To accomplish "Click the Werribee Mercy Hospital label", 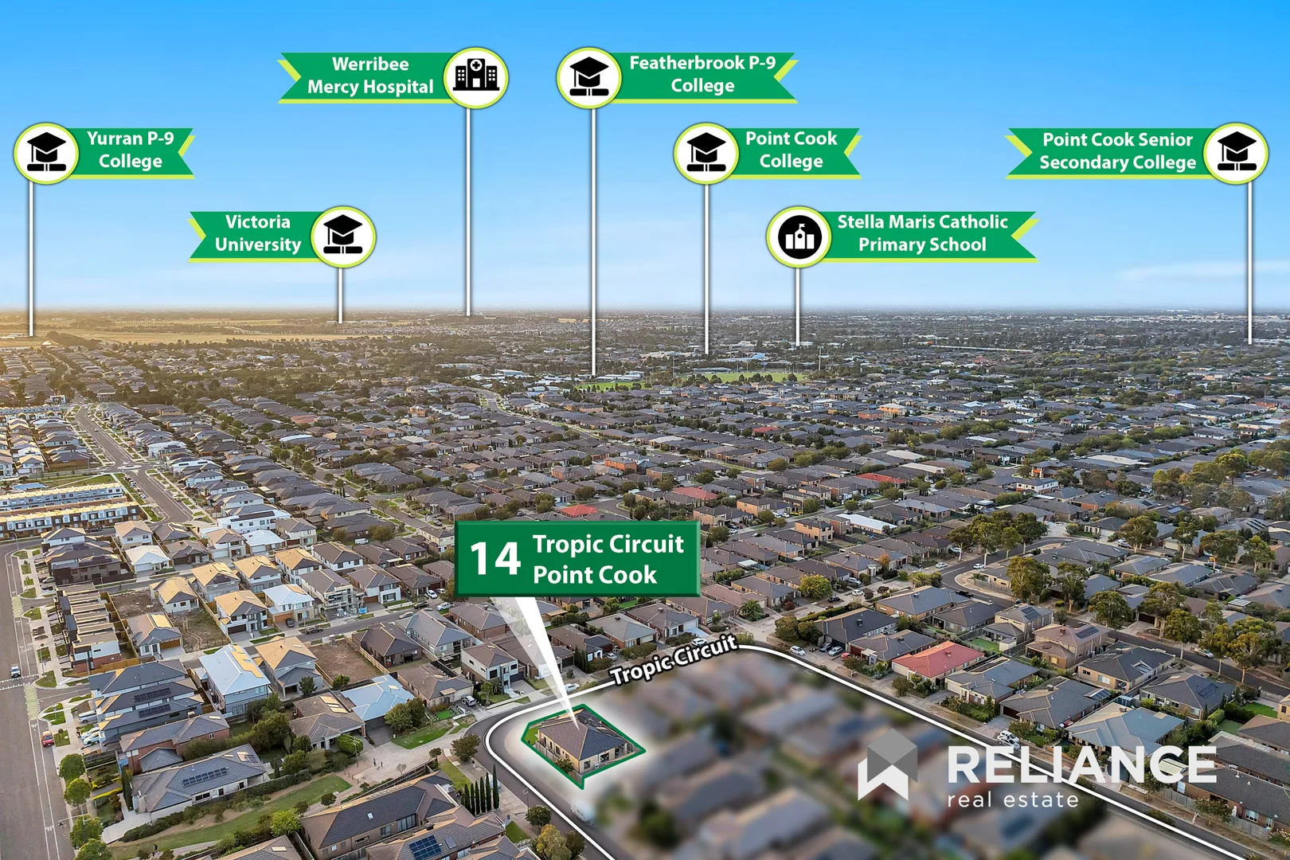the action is [x=370, y=76].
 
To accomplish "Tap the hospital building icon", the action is [x=475, y=77].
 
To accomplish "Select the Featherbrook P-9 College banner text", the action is [x=702, y=74].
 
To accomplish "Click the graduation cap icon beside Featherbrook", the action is [x=588, y=77].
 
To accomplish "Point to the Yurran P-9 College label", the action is [x=130, y=150].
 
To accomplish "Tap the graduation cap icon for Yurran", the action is [x=46, y=153].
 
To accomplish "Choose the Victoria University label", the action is [x=258, y=233].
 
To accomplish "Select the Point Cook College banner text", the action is [x=791, y=150].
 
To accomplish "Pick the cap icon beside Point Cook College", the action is [x=706, y=153].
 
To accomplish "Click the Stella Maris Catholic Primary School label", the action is [x=922, y=233].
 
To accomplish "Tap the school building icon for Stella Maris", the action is [x=799, y=236].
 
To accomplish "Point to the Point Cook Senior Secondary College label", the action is [x=1117, y=151].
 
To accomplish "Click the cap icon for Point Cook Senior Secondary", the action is [x=1236, y=153].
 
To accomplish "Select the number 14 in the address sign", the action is [x=494, y=559].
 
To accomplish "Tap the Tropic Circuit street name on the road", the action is [x=674, y=659].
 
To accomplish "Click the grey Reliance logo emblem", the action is [x=887, y=765].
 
